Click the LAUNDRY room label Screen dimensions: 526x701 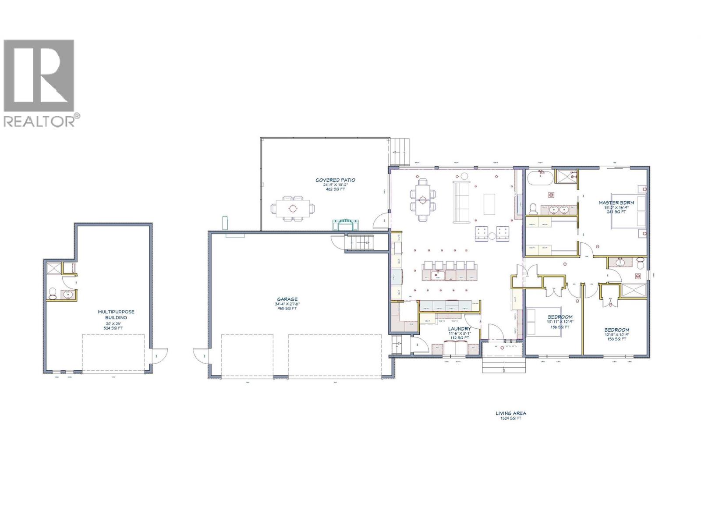pos(459,328)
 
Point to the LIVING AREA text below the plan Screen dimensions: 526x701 pos(510,413)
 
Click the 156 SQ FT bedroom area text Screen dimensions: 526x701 pos(560,327)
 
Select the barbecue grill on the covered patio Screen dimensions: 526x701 pos(346,224)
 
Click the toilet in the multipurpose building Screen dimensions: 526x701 pos(53,294)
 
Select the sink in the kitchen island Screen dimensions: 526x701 pos(438,275)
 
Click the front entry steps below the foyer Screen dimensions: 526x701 pos(503,366)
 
